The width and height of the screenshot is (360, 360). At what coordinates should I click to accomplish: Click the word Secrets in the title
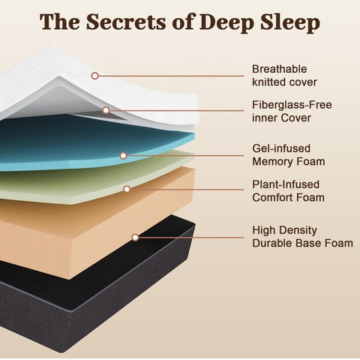pyautogui.click(x=126, y=22)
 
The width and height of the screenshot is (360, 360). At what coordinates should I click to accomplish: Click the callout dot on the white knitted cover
pyautogui.click(x=94, y=76)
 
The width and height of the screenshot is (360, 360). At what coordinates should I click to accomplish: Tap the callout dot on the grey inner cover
pyautogui.click(x=106, y=110)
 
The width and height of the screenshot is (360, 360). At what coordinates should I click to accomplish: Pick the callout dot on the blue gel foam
pyautogui.click(x=123, y=156)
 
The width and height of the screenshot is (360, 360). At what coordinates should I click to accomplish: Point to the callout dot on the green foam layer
pyautogui.click(x=127, y=189)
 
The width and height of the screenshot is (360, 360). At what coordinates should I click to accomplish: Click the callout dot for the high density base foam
pyautogui.click(x=135, y=237)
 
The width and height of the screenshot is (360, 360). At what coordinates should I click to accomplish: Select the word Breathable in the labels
pyautogui.click(x=279, y=69)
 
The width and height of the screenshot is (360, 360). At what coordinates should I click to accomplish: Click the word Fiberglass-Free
pyautogui.click(x=292, y=105)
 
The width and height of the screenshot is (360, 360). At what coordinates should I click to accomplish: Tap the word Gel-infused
pyautogui.click(x=281, y=148)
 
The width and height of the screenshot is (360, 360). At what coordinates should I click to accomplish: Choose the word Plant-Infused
pyautogui.click(x=286, y=184)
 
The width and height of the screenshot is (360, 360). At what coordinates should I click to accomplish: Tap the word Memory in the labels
pyautogui.click(x=271, y=162)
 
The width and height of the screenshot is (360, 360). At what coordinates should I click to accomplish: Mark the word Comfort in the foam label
pyautogui.click(x=271, y=197)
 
